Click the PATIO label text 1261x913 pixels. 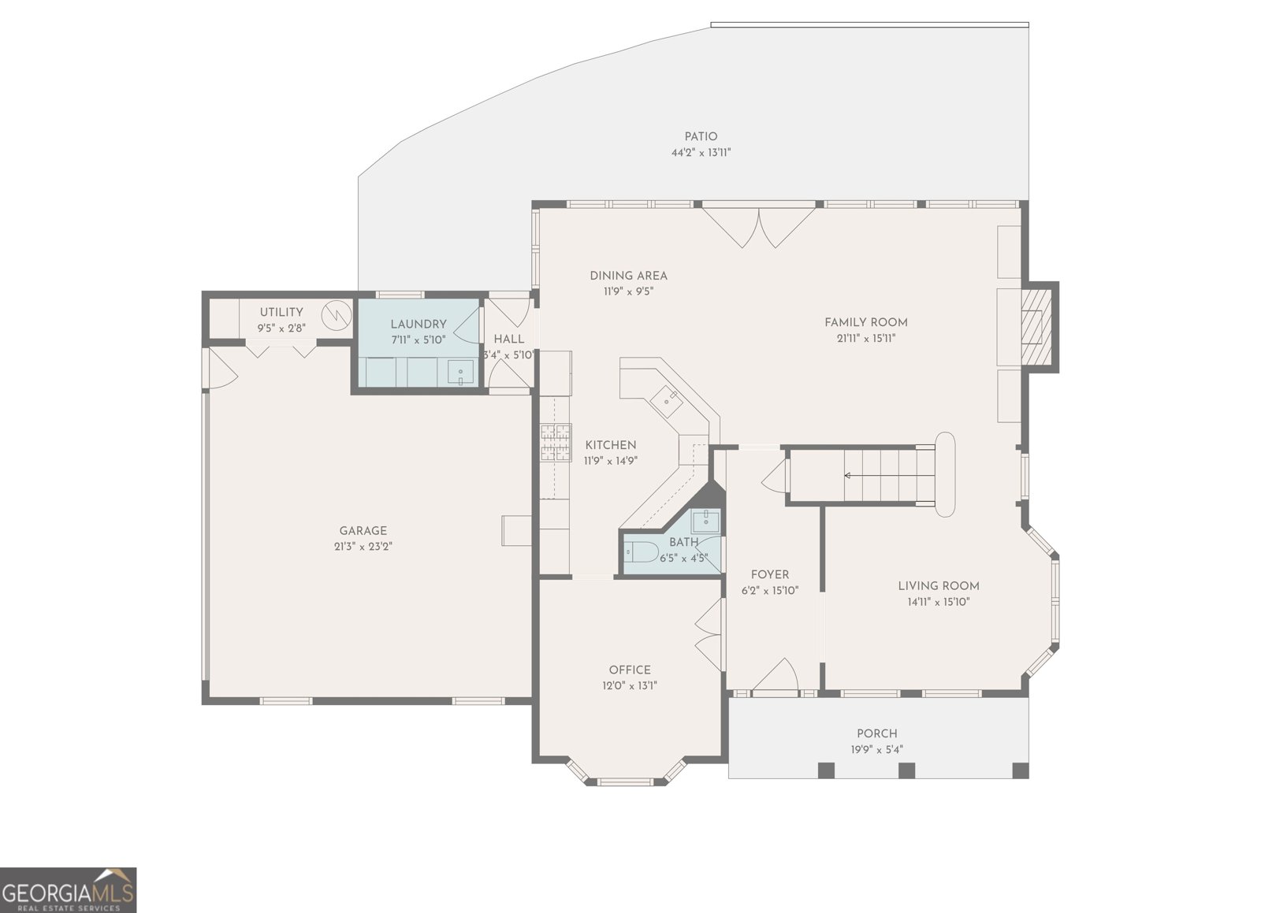[x=700, y=137]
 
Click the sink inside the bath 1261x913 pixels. [x=706, y=519]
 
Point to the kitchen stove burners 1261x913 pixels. [x=555, y=442]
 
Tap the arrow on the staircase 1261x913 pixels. [x=848, y=475]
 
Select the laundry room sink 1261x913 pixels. [x=460, y=372]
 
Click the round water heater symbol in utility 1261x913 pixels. [x=339, y=314]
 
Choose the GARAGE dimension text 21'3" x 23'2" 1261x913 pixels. [x=363, y=546]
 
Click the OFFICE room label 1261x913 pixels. [x=629, y=670]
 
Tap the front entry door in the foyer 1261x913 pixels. [x=776, y=677]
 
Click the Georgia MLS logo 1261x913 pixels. [x=69, y=889]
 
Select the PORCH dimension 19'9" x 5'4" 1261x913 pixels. [x=876, y=749]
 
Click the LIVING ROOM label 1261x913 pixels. [x=938, y=585]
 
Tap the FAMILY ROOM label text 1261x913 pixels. [x=865, y=322]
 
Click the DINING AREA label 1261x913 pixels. [x=628, y=276]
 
